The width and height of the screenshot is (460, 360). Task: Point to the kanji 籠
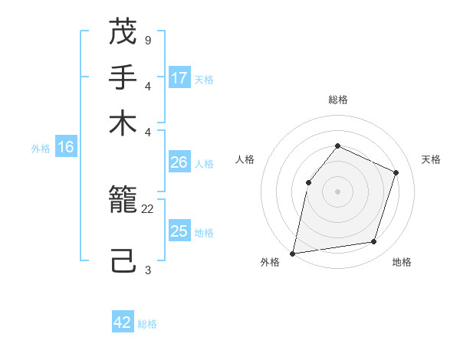pyautogui.click(x=123, y=201)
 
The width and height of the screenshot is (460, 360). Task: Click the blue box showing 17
pyautogui.click(x=179, y=77)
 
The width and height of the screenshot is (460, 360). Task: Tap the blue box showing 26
pyautogui.click(x=179, y=162)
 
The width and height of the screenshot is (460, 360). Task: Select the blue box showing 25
pyautogui.click(x=179, y=231)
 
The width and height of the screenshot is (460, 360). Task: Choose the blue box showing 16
pyautogui.click(x=66, y=148)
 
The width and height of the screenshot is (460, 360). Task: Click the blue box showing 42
pyautogui.click(x=123, y=322)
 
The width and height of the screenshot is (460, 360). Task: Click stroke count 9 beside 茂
pyautogui.click(x=147, y=39)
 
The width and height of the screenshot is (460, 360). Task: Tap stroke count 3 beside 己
pyautogui.click(x=147, y=270)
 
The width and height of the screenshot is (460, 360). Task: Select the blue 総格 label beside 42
pyautogui.click(x=147, y=324)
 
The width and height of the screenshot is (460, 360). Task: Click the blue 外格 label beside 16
pyautogui.click(x=41, y=149)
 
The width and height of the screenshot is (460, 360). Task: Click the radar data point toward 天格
pyautogui.click(x=396, y=172)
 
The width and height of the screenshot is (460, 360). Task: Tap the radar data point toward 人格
pyautogui.click(x=308, y=182)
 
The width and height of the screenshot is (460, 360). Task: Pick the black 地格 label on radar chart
pyautogui.click(x=402, y=262)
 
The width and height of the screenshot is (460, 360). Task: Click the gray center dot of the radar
pyautogui.click(x=337, y=191)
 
